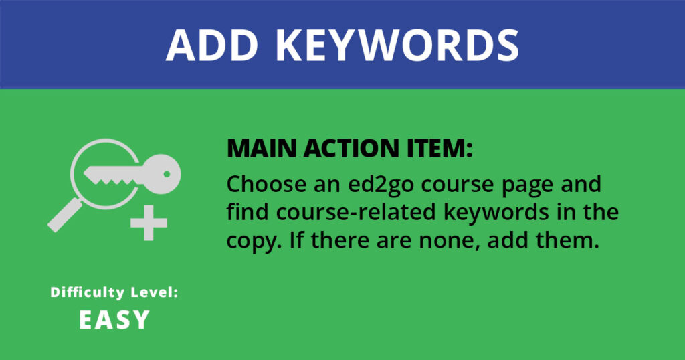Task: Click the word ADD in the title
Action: [x=211, y=46]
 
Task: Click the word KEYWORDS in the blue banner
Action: [x=397, y=46]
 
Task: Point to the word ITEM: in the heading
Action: [x=442, y=149]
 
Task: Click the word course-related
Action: [x=356, y=212]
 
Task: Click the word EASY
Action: [x=114, y=320]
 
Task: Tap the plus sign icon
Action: [x=149, y=223]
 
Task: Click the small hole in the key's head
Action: [x=167, y=174]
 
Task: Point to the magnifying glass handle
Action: [x=65, y=215]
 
